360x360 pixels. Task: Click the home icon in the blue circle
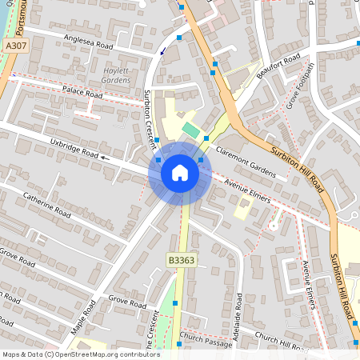click(x=180, y=172)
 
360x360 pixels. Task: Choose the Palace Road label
click(x=84, y=93)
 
